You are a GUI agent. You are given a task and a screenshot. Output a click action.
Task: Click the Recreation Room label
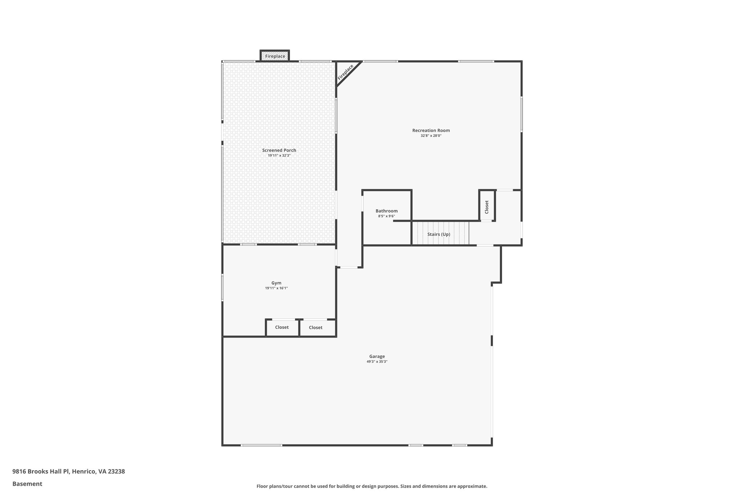(431, 130)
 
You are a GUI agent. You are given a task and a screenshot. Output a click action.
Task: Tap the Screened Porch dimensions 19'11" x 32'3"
(279, 156)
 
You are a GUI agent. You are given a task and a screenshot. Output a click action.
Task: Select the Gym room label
(276, 283)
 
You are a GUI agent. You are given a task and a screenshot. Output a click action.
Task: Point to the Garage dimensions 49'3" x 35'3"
(377, 362)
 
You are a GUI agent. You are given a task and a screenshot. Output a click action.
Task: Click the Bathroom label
(387, 211)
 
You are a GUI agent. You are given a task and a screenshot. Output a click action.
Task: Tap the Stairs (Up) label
(438, 234)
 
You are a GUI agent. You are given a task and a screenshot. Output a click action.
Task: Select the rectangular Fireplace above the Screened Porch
(275, 56)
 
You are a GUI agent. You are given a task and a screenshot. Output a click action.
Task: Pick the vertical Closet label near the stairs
(487, 207)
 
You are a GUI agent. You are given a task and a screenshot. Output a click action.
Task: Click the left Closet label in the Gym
(282, 327)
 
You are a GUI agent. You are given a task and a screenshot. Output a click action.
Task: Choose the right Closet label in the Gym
(315, 328)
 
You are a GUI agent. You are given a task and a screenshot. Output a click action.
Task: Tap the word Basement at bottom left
(27, 484)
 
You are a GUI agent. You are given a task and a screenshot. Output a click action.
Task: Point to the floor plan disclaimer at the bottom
(372, 486)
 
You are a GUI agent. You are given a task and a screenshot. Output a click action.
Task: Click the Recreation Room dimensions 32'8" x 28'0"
(431, 136)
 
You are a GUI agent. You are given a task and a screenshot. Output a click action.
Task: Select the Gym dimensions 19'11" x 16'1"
(276, 288)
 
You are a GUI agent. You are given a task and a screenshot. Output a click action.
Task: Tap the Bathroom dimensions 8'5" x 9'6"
(386, 216)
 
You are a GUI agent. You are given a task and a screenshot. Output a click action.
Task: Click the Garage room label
(377, 356)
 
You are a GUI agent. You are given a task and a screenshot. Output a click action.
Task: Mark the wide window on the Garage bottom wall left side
(261, 445)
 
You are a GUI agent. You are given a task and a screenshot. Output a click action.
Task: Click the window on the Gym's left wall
(222, 287)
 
